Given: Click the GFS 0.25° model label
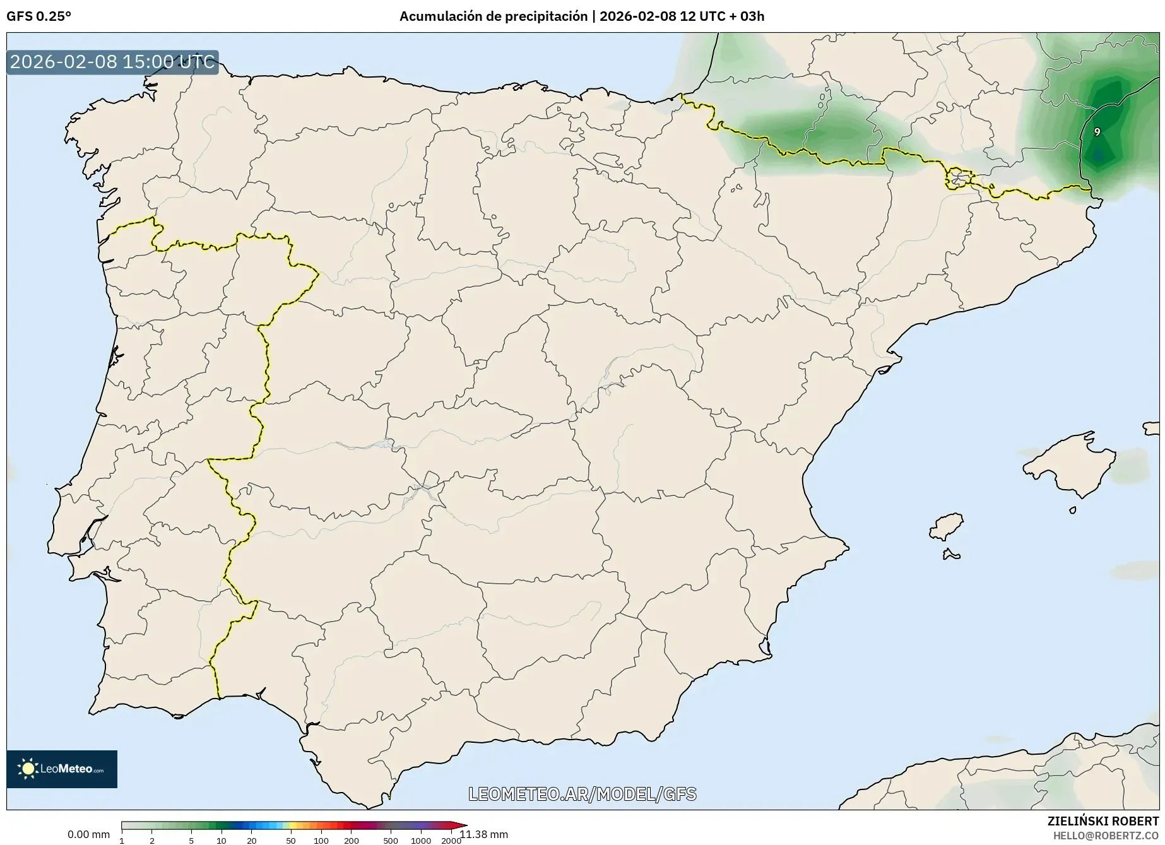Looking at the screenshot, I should (38, 16).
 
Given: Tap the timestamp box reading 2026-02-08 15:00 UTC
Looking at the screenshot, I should (112, 62).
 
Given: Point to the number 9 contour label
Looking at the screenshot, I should (1097, 132).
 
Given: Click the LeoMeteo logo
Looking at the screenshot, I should (62, 769).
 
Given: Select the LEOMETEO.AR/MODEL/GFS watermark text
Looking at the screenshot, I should (582, 794).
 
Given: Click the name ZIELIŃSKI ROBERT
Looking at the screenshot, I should (1103, 822).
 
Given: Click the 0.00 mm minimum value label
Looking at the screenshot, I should (88, 834).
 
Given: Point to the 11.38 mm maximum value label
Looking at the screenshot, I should (484, 834).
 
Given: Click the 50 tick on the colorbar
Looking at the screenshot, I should (290, 840).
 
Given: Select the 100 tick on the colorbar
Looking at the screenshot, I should (321, 840).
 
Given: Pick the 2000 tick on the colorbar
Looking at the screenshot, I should (451, 840).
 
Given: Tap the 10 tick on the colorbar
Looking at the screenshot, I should (222, 840).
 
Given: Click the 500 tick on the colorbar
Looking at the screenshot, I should (391, 840).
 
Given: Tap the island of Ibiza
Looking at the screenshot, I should (947, 526).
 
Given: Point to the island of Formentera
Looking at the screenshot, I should (950, 555).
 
